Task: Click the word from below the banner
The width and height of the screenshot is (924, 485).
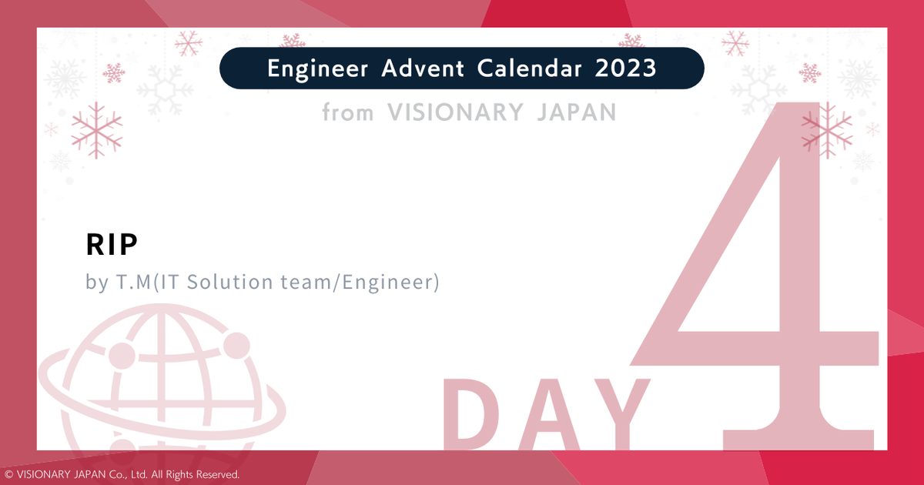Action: [x=347, y=113]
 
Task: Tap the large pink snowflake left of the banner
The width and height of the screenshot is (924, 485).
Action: [x=96, y=129]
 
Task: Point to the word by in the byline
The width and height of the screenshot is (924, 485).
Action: [x=97, y=283]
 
